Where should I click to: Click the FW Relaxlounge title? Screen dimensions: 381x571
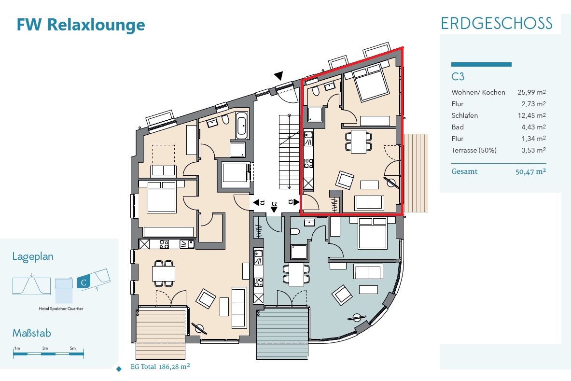point(81,24)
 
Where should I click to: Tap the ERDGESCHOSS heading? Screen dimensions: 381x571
point(496,23)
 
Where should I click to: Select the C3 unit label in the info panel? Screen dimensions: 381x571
point(458,76)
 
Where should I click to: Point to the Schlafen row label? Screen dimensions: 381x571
point(464,115)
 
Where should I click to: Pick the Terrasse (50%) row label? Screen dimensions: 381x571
point(474,150)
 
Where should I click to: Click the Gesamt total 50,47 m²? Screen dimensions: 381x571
point(530,171)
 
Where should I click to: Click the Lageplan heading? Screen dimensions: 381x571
point(33,256)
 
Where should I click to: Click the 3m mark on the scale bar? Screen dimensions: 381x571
point(45,348)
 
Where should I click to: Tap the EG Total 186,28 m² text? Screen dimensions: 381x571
point(160,367)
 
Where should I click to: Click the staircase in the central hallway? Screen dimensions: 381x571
point(288,152)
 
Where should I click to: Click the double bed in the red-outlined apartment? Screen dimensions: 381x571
point(370,83)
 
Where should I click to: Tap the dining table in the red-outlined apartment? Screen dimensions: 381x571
point(359,141)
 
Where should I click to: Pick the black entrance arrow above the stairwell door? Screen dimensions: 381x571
point(279,75)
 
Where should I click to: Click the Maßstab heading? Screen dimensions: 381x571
point(31,333)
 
